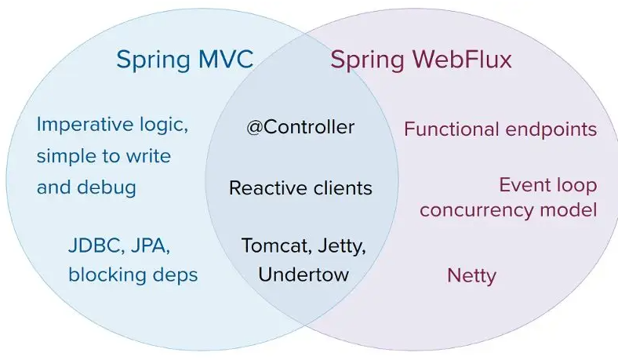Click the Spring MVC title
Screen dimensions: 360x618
pyautogui.click(x=185, y=60)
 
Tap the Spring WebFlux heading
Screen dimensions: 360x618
pyautogui.click(x=420, y=60)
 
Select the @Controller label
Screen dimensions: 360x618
pyautogui.click(x=300, y=127)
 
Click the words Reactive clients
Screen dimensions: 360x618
pyautogui.click(x=300, y=188)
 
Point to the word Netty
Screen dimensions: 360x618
pyautogui.click(x=471, y=275)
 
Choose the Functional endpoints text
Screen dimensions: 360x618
pyautogui.click(x=500, y=129)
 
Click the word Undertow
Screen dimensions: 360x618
pyautogui.click(x=304, y=275)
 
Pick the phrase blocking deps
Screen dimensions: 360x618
pyautogui.click(x=133, y=275)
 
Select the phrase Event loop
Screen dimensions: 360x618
pyautogui.click(x=547, y=186)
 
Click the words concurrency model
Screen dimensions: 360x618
pyautogui.click(x=508, y=210)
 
